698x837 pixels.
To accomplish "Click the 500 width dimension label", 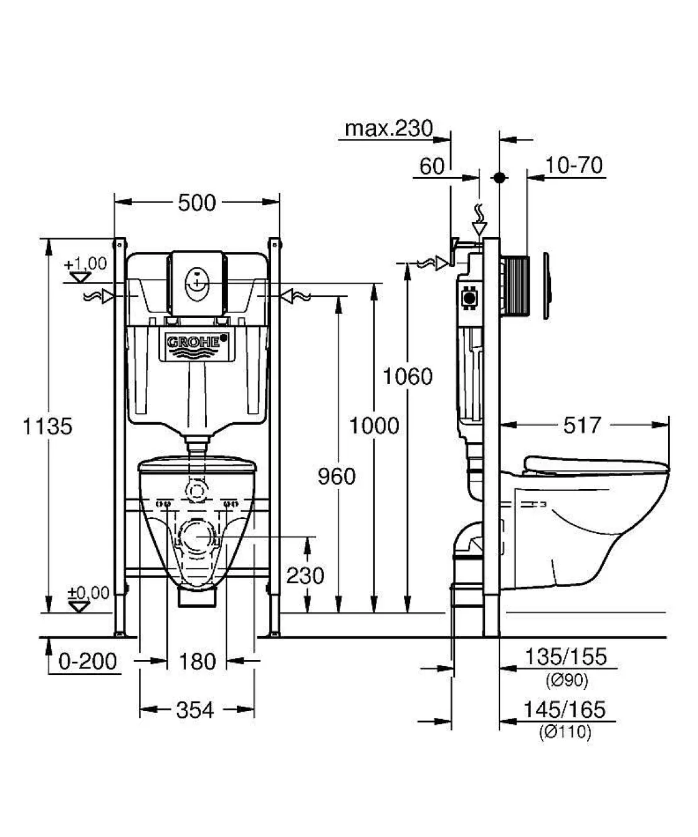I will point(196,203).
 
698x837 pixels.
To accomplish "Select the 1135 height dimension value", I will point(47,427).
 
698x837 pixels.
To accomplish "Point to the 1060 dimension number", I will point(407,377).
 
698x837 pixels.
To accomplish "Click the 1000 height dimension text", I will point(374,426).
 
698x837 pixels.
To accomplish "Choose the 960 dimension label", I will point(337,477).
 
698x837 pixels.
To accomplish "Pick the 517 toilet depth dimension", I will point(582,425).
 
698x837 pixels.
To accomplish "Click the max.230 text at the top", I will point(389,128).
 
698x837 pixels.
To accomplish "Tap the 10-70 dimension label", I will point(574,165).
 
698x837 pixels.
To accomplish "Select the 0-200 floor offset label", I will point(88,661).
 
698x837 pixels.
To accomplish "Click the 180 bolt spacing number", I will point(197,661).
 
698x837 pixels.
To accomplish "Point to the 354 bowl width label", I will point(195,710).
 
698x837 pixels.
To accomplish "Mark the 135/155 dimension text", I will point(565,657).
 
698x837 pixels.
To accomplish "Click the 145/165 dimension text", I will point(564,710).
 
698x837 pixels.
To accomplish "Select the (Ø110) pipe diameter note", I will point(565,732).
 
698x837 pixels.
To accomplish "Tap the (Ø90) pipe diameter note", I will point(567,680).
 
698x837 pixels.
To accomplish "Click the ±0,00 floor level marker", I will point(88,593).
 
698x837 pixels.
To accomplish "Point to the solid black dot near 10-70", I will point(499,178).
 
